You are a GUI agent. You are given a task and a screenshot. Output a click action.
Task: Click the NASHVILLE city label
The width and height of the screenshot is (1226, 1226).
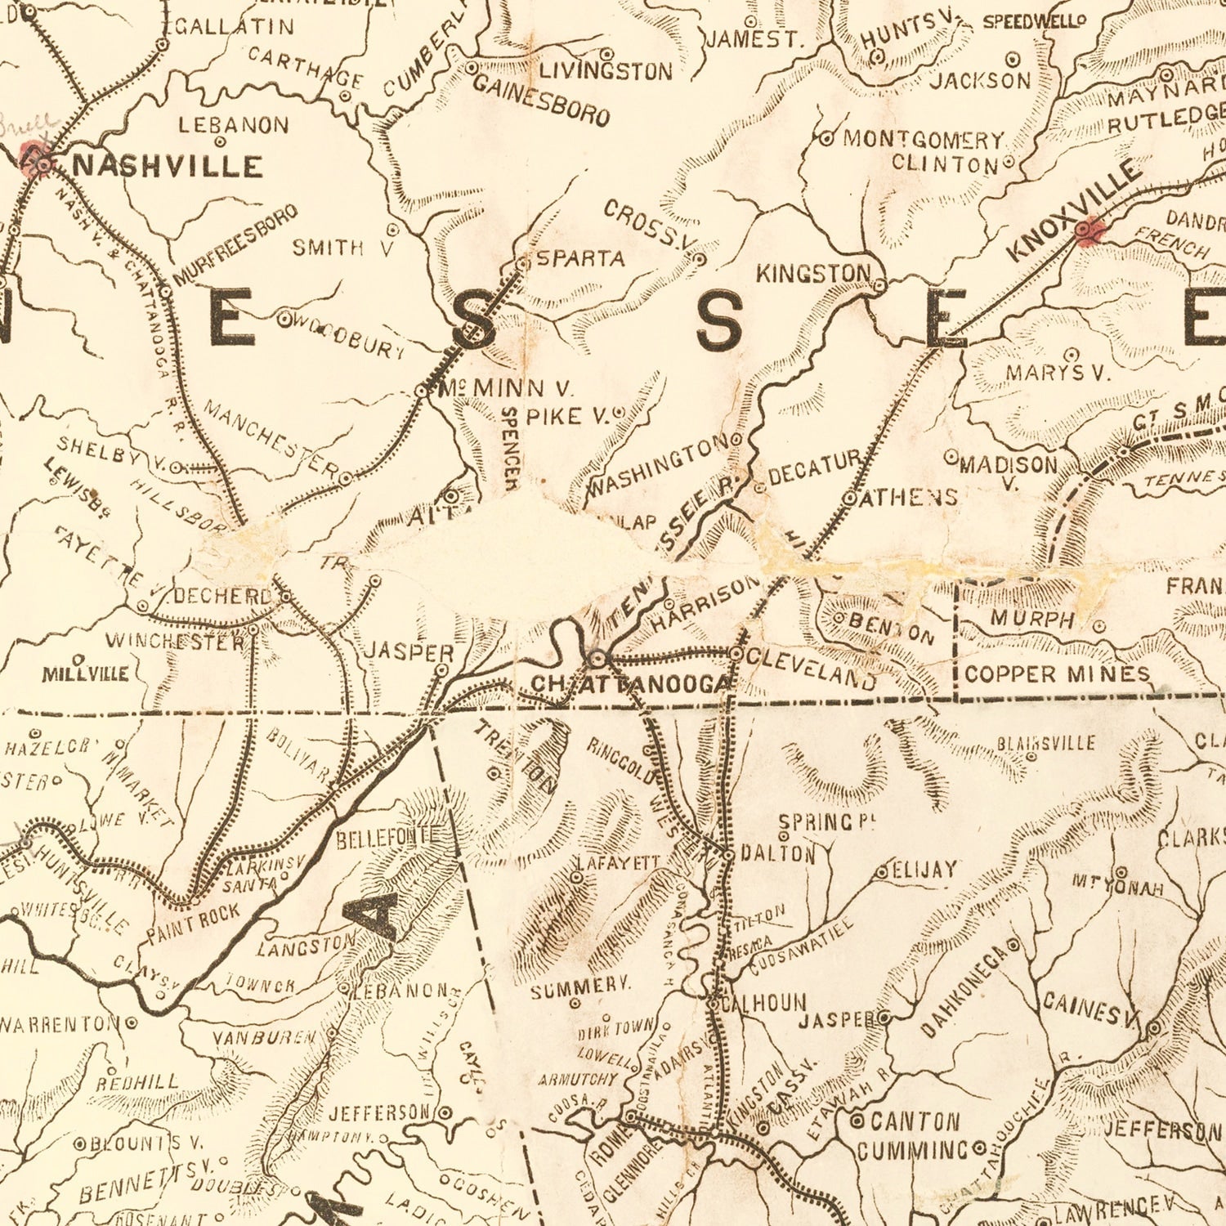point(168,166)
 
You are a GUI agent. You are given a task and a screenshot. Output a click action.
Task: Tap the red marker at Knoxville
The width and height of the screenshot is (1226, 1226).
point(1087,230)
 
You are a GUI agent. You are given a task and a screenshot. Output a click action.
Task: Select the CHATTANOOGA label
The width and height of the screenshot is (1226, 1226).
point(629,683)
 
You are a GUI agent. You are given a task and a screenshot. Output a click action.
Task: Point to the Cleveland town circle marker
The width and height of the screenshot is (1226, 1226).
point(736,654)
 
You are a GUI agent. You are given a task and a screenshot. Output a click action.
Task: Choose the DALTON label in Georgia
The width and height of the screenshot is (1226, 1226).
point(777,854)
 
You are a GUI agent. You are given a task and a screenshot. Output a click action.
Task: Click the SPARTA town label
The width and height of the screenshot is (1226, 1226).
point(580,259)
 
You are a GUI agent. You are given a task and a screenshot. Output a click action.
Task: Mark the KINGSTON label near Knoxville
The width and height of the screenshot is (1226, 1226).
point(812,274)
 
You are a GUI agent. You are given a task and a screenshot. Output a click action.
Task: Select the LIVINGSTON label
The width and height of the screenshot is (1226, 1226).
point(606,71)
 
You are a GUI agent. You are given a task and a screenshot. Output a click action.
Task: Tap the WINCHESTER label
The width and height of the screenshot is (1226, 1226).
point(174,641)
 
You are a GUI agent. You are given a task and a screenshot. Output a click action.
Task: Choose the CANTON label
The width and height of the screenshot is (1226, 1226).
point(915,1121)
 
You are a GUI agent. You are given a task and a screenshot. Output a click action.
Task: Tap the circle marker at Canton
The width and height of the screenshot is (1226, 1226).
point(857,1120)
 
